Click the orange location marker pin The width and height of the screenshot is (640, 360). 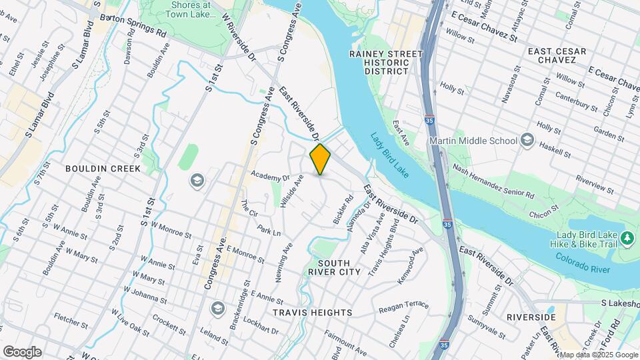pyautogui.click(x=321, y=159)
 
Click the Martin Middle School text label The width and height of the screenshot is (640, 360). pyautogui.click(x=473, y=141)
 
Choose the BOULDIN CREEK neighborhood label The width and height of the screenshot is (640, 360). pyautogui.click(x=103, y=169)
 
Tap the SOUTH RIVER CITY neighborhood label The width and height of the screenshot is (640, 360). pyautogui.click(x=334, y=272)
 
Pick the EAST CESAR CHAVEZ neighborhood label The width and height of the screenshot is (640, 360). pyautogui.click(x=557, y=55)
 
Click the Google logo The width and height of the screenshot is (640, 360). pyautogui.click(x=22, y=351)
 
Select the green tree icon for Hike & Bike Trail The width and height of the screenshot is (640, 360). pyautogui.click(x=626, y=237)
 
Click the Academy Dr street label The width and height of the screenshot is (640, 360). pyautogui.click(x=270, y=177)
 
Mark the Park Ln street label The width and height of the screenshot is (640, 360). pyautogui.click(x=269, y=232)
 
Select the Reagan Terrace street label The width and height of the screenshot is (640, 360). pyautogui.click(x=403, y=307)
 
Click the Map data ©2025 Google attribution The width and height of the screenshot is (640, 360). pyautogui.click(x=598, y=355)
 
